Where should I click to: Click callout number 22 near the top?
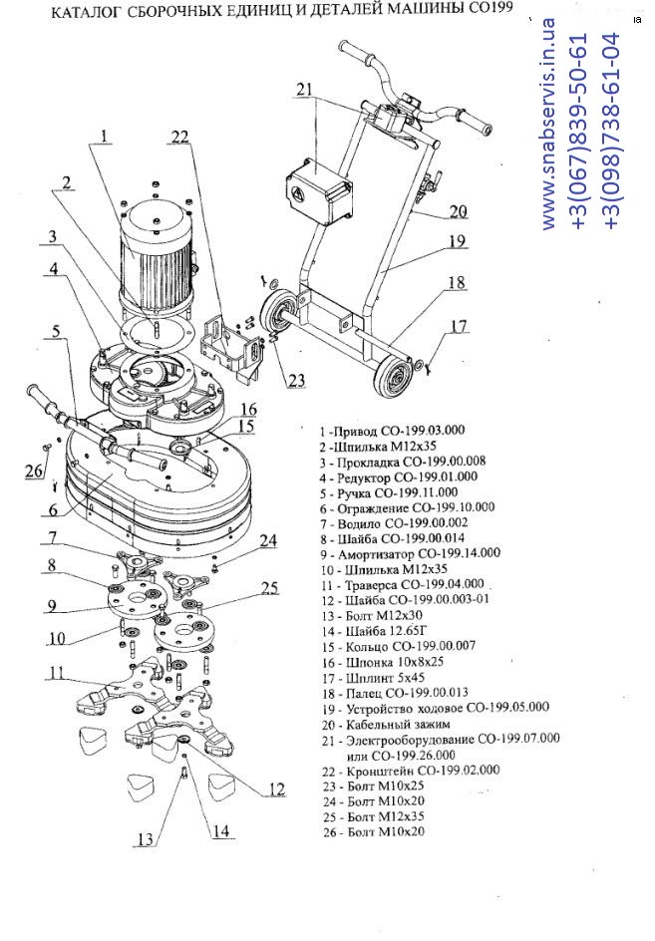pyautogui.click(x=178, y=139)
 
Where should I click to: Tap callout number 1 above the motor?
pyautogui.click(x=104, y=127)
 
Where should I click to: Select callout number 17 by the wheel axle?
pyautogui.click(x=457, y=326)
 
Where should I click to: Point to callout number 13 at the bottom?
pyautogui.click(x=147, y=839)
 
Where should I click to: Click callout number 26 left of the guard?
pyautogui.click(x=34, y=470)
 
